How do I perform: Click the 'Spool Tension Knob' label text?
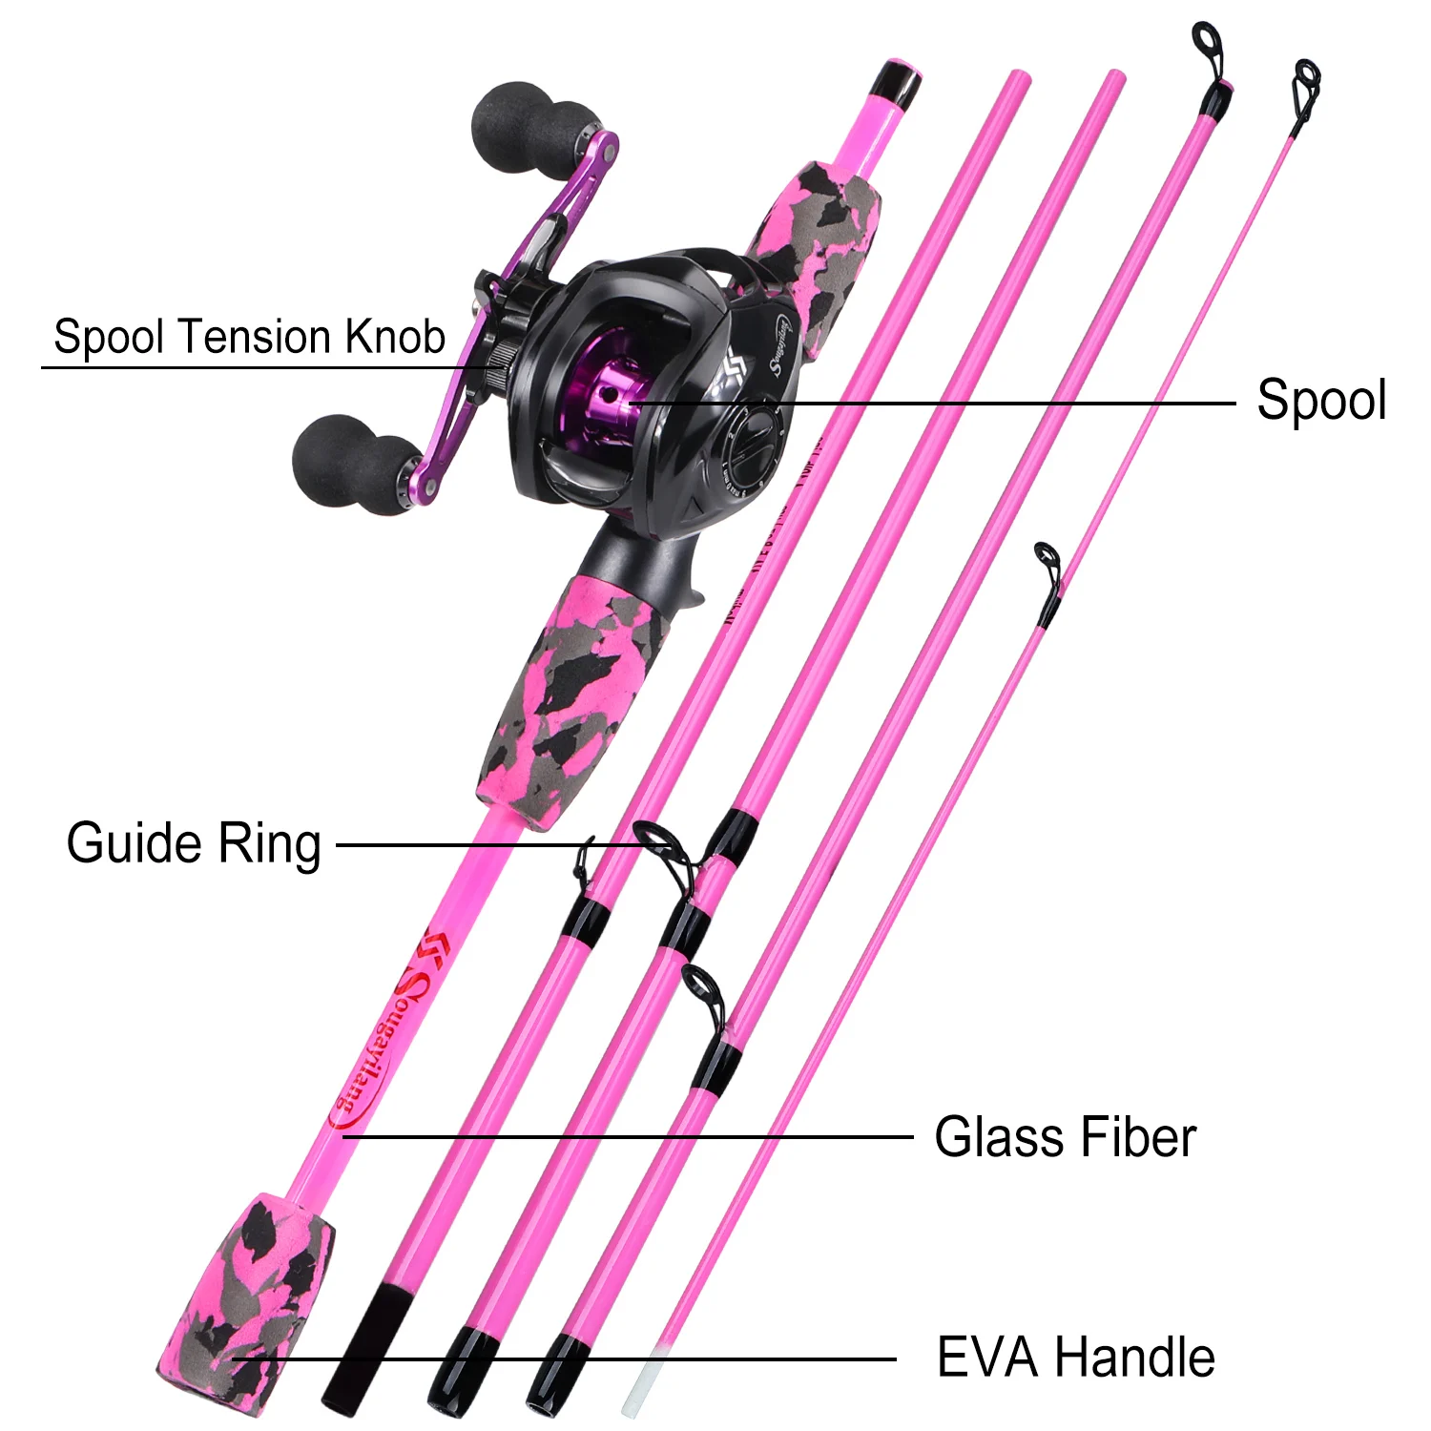[249, 337]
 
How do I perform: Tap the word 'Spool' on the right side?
[1320, 400]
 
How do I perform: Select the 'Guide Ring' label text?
[194, 843]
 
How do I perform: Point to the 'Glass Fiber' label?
[1065, 1137]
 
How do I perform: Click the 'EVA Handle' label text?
[1075, 1357]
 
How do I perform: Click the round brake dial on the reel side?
[754, 444]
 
